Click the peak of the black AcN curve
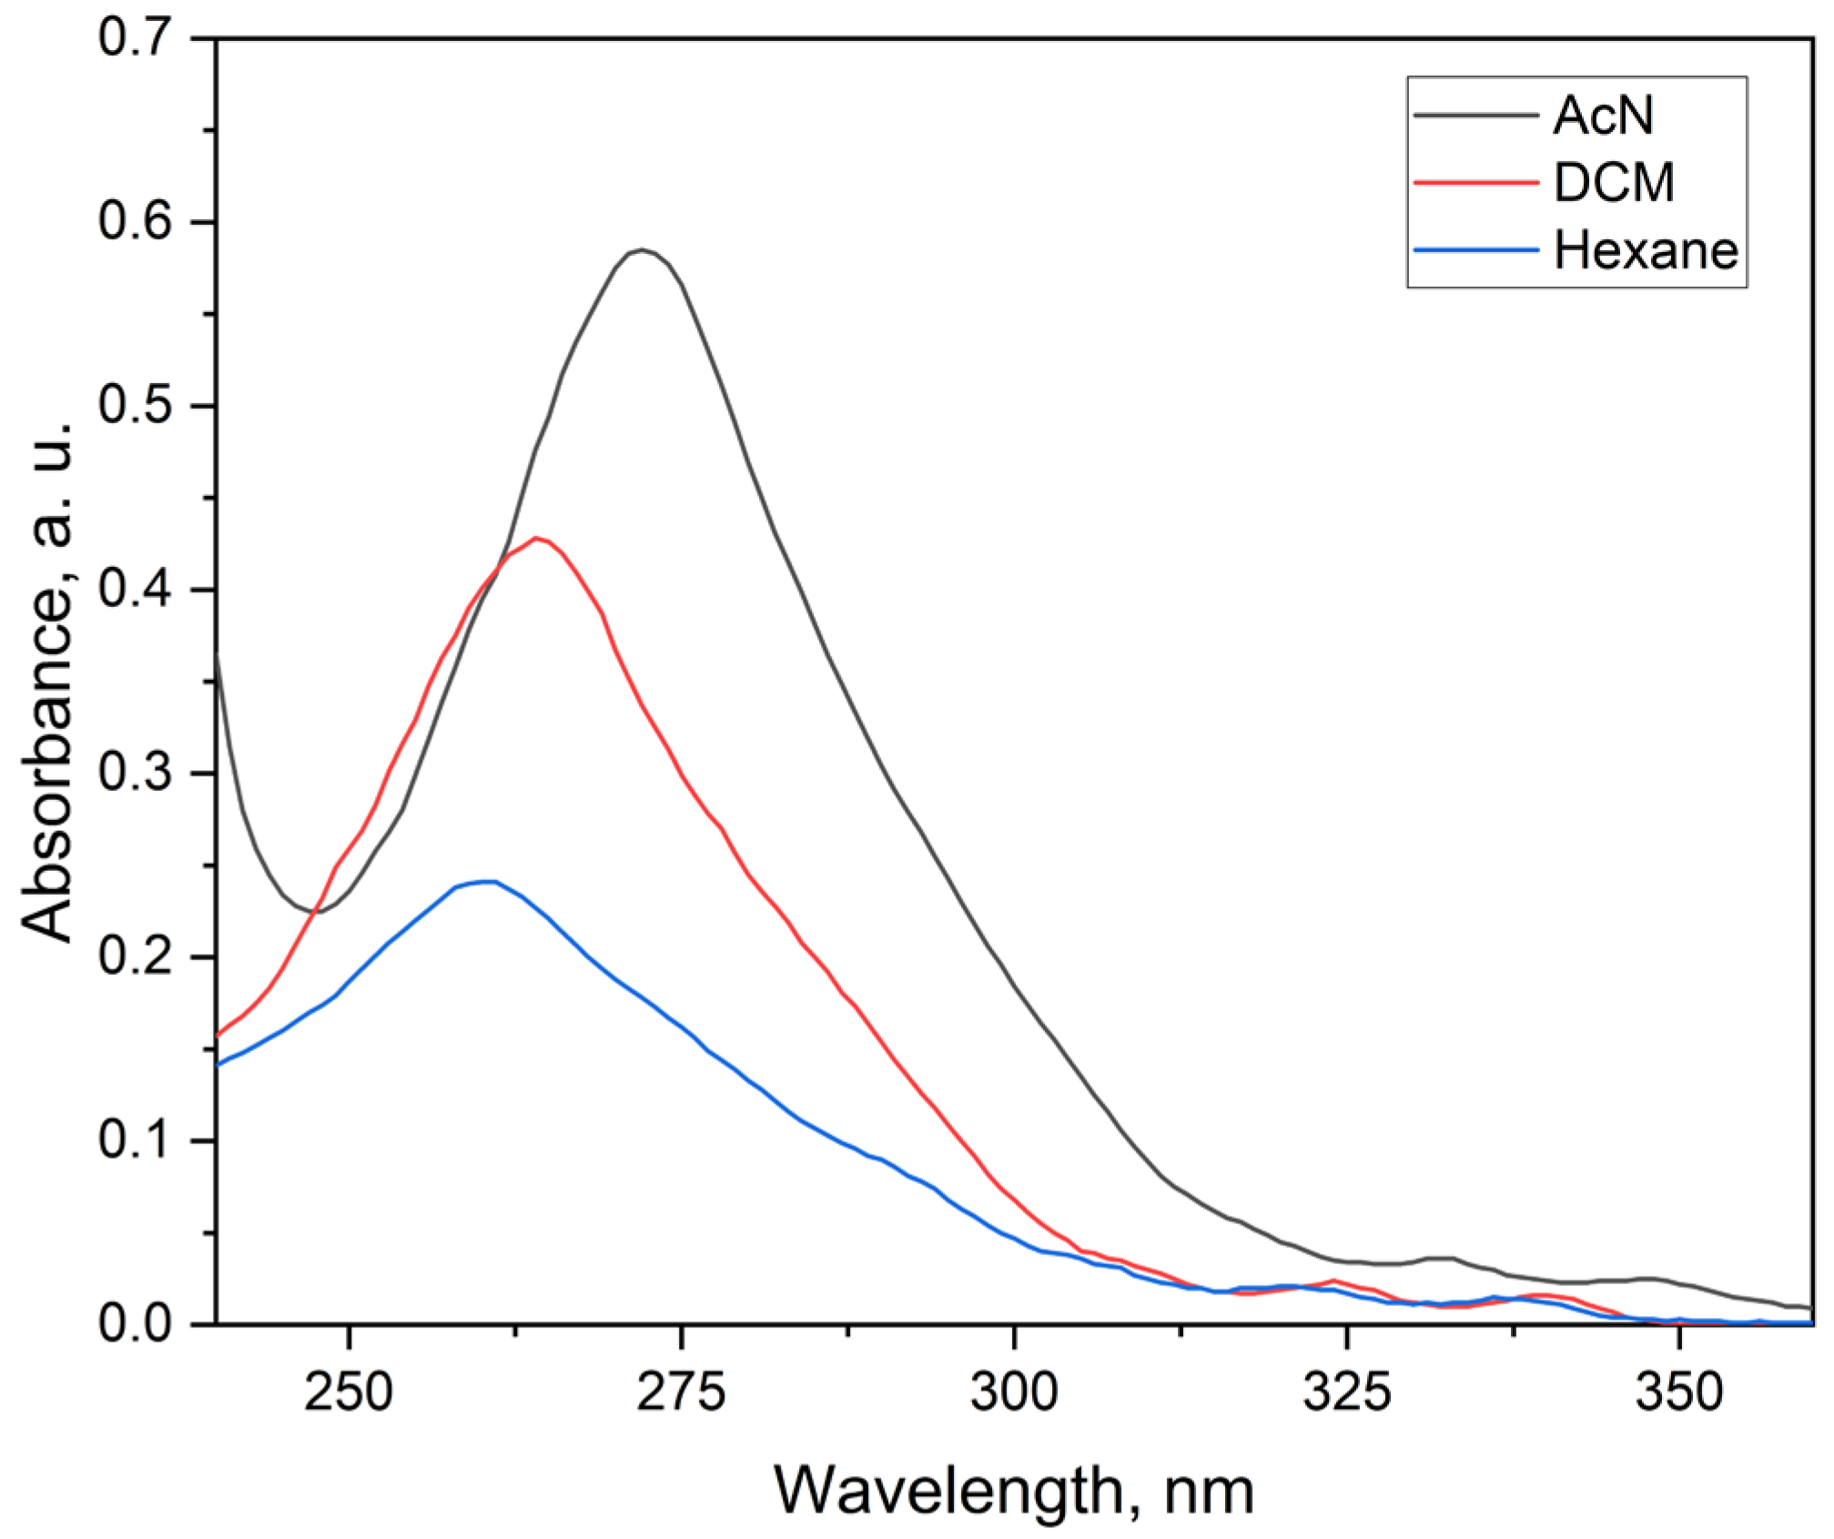(x=642, y=249)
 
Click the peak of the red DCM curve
(x=537, y=538)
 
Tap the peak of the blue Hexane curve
(x=490, y=881)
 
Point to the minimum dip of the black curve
(x=319, y=911)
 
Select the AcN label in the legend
(x=1602, y=116)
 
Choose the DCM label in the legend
(x=1613, y=182)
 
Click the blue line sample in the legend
(x=1475, y=249)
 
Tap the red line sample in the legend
(x=1475, y=182)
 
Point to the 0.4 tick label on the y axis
(x=135, y=590)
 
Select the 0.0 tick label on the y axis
(x=135, y=1324)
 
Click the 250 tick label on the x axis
(x=349, y=1392)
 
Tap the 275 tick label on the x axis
(x=681, y=1392)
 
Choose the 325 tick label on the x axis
(x=1346, y=1392)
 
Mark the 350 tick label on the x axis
(x=1679, y=1392)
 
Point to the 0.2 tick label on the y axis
(x=135, y=957)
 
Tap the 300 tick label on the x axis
(x=1014, y=1392)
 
